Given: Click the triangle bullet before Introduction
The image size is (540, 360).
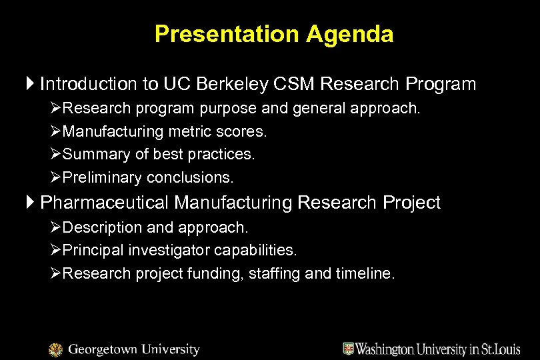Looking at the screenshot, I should (x=31, y=84).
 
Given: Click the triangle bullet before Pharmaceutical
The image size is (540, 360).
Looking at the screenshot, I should (x=31, y=203).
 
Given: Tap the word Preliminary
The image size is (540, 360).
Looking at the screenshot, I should (x=101, y=178).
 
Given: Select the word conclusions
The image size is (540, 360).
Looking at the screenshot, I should (x=191, y=178).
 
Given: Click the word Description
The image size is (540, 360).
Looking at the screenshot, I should (x=99, y=227).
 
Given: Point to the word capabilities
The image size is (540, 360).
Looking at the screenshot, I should (x=256, y=250).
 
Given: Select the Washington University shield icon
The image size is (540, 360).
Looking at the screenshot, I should (x=348, y=349).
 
